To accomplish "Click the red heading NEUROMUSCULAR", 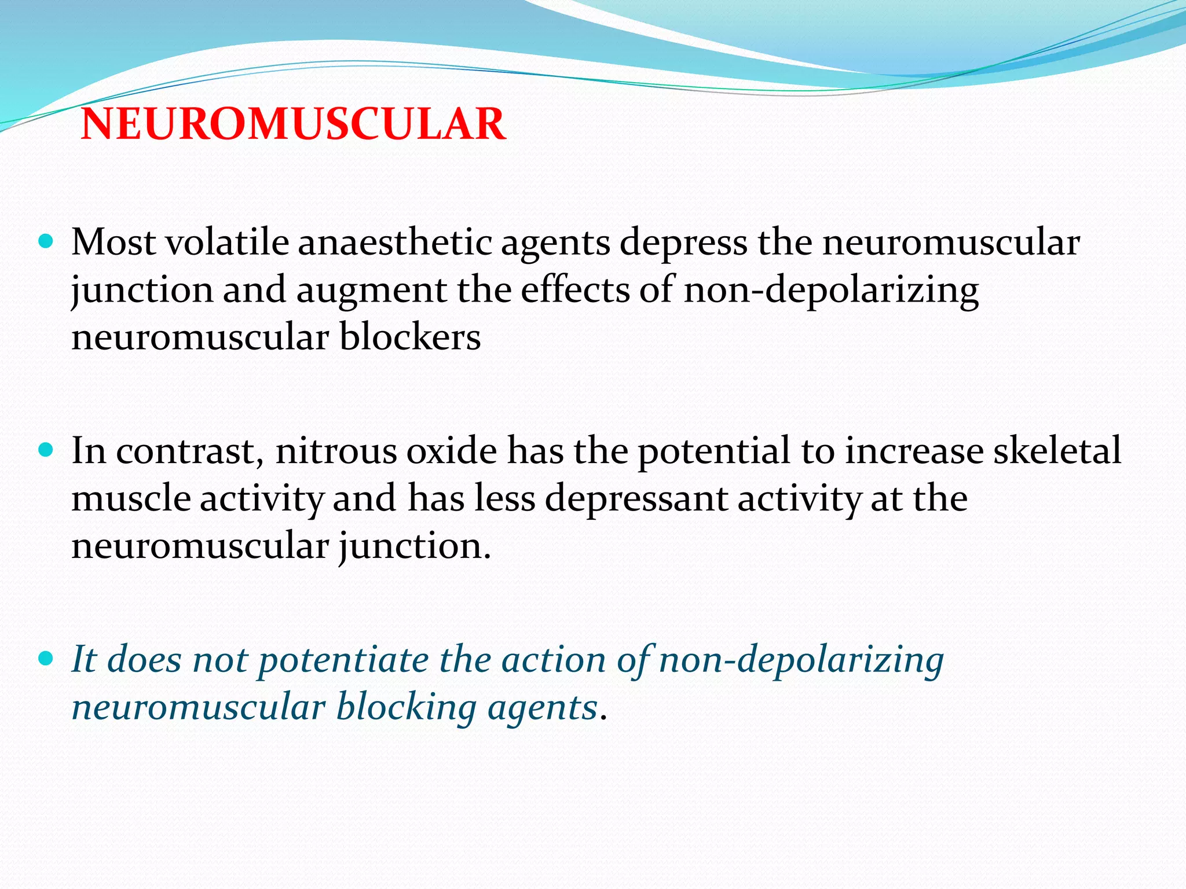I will pos(293,124).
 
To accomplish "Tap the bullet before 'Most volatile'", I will pos(46,240).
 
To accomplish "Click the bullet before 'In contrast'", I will pos(46,449).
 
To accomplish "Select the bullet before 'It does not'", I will pos(46,658).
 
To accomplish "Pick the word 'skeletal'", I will pos(1057,451).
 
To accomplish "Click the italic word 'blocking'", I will pos(407,708).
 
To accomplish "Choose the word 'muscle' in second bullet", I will pos(131,498).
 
